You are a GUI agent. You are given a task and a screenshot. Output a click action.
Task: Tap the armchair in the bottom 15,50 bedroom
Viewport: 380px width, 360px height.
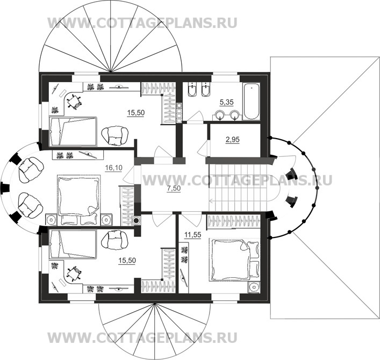click(x=115, y=238)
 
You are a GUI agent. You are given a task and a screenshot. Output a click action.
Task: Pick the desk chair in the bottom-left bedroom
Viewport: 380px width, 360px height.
click(x=73, y=272)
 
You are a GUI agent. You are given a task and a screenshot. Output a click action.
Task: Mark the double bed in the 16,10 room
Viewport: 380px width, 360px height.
click(x=78, y=197)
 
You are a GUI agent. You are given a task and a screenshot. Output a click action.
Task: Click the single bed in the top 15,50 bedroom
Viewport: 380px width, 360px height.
click(x=72, y=132)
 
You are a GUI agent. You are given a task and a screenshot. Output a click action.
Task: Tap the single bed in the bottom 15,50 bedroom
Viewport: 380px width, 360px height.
click(x=72, y=243)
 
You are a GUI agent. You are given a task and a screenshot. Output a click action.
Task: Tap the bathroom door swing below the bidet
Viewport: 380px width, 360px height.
click(x=195, y=117)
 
